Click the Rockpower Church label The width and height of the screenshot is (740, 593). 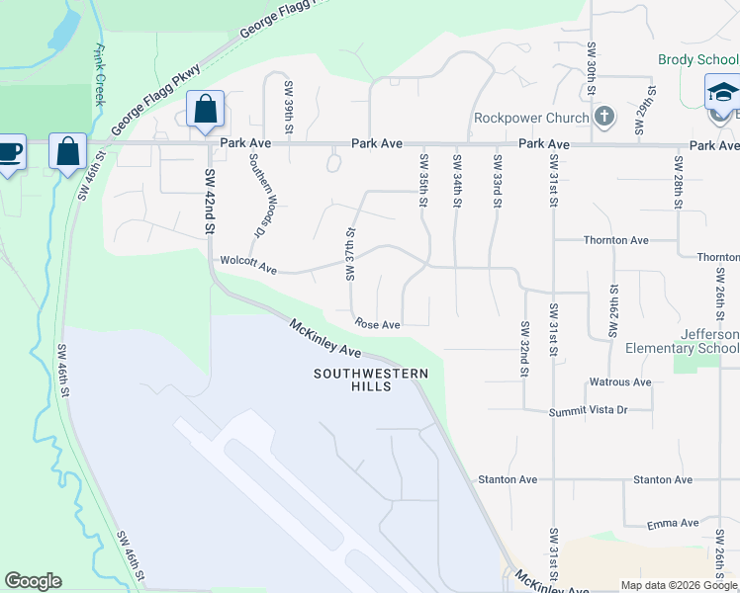click(x=530, y=118)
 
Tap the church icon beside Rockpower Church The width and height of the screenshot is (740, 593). click(x=603, y=118)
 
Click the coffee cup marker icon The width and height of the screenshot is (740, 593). click(x=9, y=153)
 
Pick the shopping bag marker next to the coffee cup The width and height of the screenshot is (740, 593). click(x=67, y=152)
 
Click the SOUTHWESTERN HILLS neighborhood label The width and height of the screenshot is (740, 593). click(x=372, y=380)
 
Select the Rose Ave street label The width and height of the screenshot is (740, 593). click(x=378, y=324)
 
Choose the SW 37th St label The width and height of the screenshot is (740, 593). click(x=350, y=255)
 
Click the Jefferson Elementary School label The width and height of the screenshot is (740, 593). click(x=682, y=341)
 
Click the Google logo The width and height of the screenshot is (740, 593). click(x=33, y=581)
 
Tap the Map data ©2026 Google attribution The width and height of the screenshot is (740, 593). click(x=679, y=585)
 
